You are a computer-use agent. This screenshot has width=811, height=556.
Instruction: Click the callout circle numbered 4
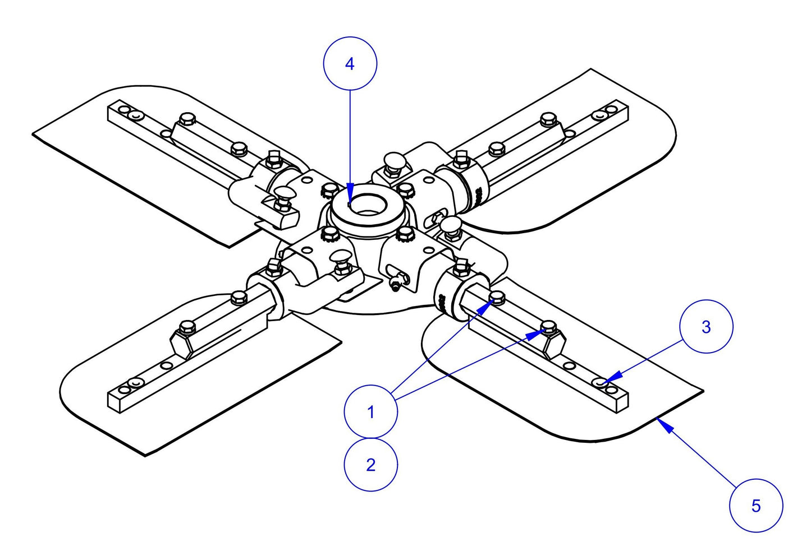point(350,64)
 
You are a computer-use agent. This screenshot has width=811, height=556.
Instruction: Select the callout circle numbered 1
point(370,412)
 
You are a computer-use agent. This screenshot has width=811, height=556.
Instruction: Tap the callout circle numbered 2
point(370,465)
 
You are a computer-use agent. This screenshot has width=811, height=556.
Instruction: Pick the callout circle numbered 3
point(706,327)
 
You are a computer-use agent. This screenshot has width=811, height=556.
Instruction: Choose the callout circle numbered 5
point(755,506)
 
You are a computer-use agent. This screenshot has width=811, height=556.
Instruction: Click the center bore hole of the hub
point(367,205)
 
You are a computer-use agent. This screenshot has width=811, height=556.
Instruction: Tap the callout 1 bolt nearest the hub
point(497,296)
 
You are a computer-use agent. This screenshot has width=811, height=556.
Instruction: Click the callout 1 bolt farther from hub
point(548,327)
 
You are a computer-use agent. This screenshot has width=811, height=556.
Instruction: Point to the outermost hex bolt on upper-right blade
point(547,119)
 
